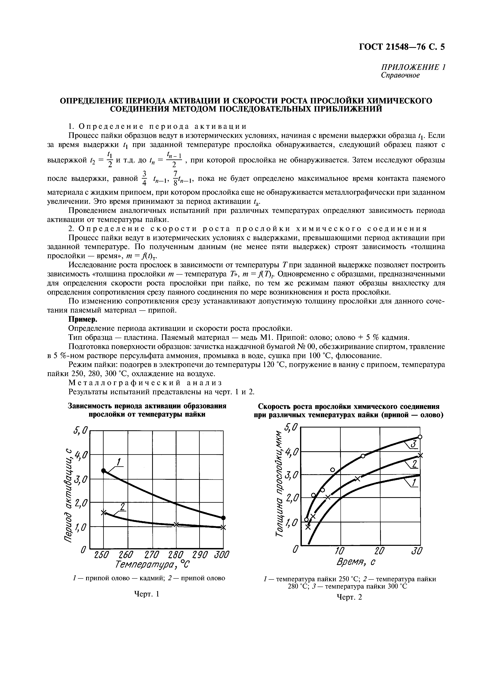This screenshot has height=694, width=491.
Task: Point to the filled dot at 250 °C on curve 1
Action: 103,471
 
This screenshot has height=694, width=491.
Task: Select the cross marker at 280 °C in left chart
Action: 176,524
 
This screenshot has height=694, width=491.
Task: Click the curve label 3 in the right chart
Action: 414,444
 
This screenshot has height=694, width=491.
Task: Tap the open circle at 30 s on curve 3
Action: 420,437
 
